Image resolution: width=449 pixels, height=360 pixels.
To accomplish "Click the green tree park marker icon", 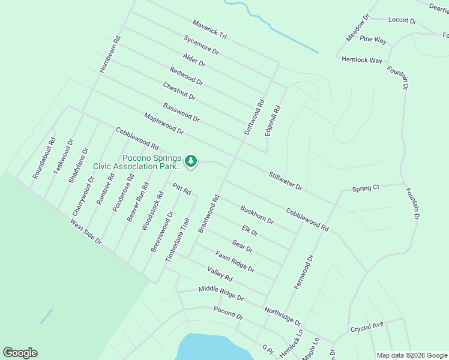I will [x=191, y=161].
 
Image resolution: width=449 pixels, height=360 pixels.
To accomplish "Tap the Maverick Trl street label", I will [x=209, y=29].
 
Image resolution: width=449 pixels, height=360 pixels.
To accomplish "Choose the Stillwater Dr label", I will [x=286, y=179].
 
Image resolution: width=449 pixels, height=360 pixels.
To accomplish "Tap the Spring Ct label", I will [x=366, y=188].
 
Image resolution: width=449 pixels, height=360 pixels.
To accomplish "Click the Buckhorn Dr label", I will [x=257, y=215].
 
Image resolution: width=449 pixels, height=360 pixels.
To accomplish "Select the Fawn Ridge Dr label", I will [x=235, y=261].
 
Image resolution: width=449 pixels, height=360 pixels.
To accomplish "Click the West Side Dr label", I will [x=86, y=232].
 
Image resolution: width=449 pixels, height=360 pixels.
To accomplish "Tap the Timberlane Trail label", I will [x=181, y=238].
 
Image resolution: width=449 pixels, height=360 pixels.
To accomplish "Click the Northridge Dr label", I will [x=282, y=315].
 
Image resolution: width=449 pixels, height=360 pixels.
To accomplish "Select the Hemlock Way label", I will [x=362, y=60].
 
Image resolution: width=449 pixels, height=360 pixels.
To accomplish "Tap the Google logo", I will [x=20, y=353].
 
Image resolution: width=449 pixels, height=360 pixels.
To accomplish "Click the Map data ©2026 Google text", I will [x=411, y=355].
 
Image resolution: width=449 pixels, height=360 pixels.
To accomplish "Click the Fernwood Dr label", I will [x=304, y=272].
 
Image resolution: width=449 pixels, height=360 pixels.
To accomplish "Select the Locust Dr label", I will [x=402, y=20].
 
